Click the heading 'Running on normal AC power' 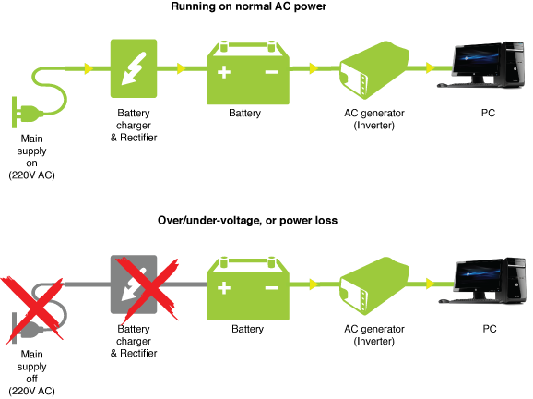248,6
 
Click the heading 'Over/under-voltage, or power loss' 247,220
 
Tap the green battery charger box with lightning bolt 134,68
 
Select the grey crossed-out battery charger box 134,284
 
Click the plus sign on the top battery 224,72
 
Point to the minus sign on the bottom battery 272,288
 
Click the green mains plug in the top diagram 28,113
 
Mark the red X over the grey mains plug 32,309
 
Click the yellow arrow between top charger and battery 182,68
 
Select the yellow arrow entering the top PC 431,67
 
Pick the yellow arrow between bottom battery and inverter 314,284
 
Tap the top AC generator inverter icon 374,70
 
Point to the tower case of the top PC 514,65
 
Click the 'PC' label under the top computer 488,113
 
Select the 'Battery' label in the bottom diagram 247,329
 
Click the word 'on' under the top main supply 31,163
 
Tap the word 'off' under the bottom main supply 31,379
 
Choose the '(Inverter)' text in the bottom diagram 373,341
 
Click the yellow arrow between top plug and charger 89,68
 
